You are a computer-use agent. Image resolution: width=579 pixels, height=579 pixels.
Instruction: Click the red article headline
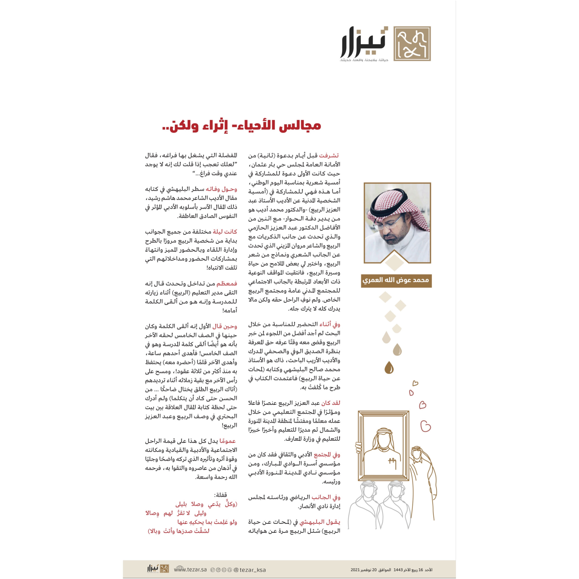[241, 125]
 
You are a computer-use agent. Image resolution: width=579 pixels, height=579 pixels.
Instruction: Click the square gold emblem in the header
[412, 44]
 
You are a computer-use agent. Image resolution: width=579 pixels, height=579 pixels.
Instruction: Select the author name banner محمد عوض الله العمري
[396, 280]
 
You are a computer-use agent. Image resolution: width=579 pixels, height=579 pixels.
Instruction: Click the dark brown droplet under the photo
[389, 368]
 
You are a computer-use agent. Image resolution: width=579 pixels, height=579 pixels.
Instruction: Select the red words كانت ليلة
[225, 231]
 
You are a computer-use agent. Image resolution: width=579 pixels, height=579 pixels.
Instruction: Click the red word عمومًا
[228, 441]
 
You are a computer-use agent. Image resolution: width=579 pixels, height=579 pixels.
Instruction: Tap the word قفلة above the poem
[220, 495]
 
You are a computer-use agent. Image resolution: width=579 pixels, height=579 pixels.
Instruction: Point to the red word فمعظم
[227, 283]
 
